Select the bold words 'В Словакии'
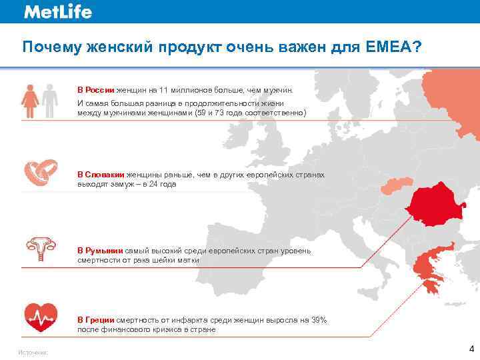pyautogui.click(x=100, y=175)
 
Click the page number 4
pyautogui.click(x=471, y=349)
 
